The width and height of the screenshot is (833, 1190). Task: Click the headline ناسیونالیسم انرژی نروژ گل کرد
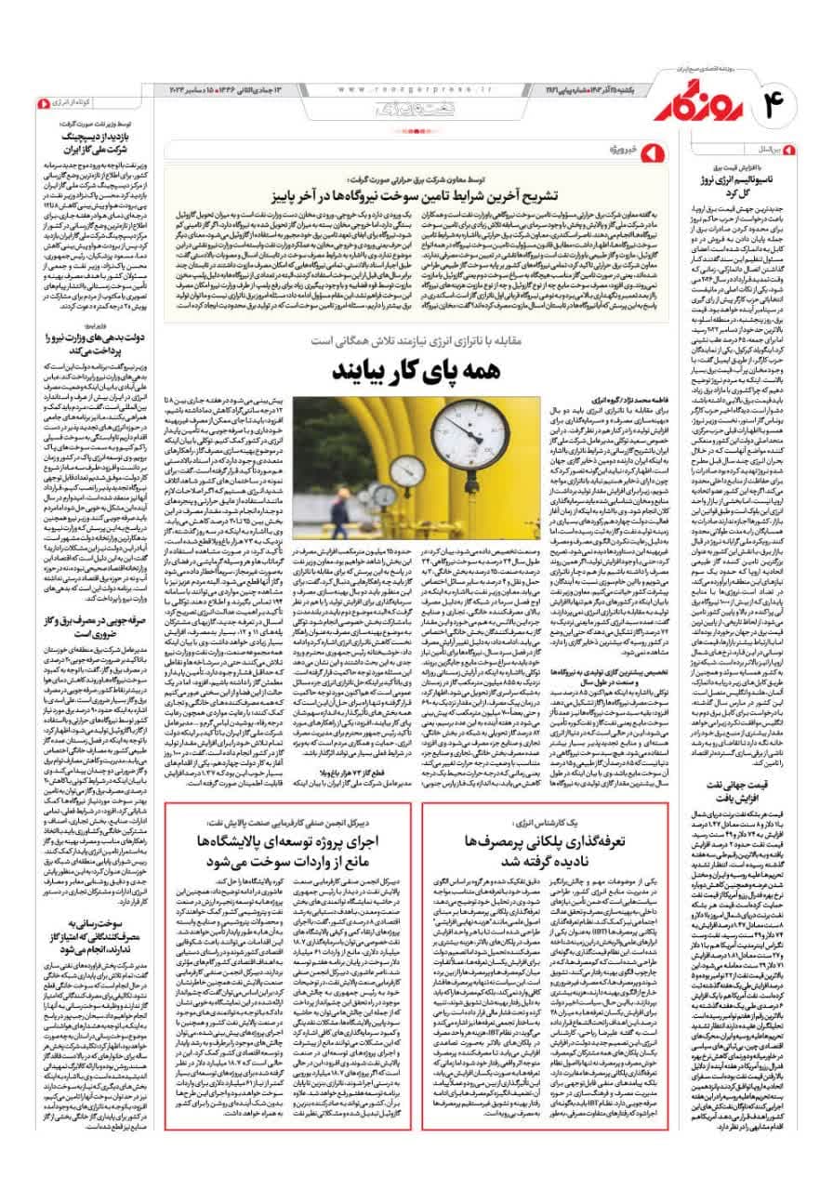coord(738,185)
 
